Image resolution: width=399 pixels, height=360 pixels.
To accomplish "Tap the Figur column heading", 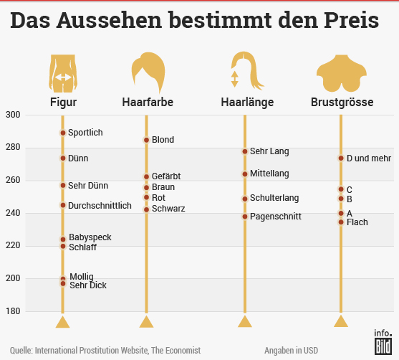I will tap(63, 103).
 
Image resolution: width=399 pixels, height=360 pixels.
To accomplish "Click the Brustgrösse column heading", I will tap(342, 103).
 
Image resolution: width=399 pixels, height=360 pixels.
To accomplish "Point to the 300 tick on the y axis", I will tap(13, 115).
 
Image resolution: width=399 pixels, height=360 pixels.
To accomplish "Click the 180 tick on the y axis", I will tap(13, 311).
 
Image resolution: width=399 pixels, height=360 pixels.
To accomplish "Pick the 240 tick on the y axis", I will tap(13, 213).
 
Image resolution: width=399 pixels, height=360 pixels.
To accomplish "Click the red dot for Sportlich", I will tap(63, 133).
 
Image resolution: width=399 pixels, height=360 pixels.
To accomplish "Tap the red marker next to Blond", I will tap(146, 140).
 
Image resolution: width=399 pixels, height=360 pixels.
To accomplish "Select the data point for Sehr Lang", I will tap(245, 151).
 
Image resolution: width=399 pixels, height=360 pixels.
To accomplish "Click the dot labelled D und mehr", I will tap(341, 158).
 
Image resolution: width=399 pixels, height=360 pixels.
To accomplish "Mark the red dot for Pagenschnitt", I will tap(245, 217).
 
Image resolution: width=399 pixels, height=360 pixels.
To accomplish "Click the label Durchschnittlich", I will tap(100, 206).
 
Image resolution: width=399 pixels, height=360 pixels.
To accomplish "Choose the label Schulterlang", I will tap(274, 198).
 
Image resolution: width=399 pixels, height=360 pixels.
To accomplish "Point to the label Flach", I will tap(357, 222).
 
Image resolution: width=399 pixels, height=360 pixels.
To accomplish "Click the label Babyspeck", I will tap(90, 237).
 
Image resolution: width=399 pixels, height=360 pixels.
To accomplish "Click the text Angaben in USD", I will tap(290, 350).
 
